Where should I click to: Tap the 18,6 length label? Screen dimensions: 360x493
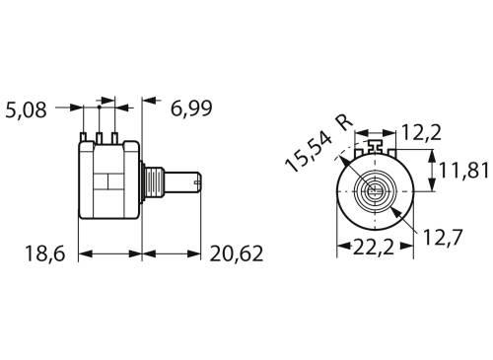coord(43,254)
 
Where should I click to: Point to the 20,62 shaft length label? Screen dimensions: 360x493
coord(237,254)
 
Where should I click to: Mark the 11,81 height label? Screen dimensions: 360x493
coord(464,171)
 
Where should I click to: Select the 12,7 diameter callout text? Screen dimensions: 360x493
coord(444,237)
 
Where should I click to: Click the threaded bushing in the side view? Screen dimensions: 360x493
coord(150,182)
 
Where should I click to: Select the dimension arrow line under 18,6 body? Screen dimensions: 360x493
coord(109,254)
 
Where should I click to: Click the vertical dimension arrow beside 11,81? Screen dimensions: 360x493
coord(433,171)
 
